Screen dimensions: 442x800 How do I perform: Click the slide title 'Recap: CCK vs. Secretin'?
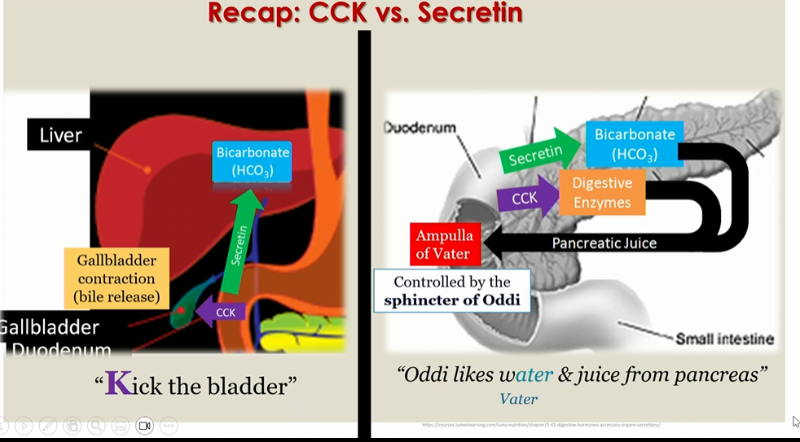(365, 13)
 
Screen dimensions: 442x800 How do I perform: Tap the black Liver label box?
(60, 134)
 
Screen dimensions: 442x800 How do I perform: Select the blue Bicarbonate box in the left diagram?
(252, 161)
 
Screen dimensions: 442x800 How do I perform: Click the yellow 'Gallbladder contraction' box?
(116, 278)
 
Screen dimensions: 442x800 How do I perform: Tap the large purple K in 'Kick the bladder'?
(118, 383)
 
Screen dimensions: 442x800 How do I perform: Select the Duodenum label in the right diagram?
(420, 128)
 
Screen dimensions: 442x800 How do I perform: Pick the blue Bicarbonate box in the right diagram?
(635, 143)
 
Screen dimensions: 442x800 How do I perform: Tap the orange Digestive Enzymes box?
(601, 193)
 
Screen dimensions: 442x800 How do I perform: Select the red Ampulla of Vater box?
(445, 244)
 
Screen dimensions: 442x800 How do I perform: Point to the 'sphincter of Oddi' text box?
(451, 291)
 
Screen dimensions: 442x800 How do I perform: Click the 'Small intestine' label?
(724, 339)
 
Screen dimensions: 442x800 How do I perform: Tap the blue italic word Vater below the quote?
(518, 399)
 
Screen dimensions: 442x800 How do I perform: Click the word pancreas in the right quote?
(726, 374)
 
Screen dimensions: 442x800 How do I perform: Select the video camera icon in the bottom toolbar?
(145, 426)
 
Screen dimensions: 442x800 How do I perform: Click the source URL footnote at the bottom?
(541, 424)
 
